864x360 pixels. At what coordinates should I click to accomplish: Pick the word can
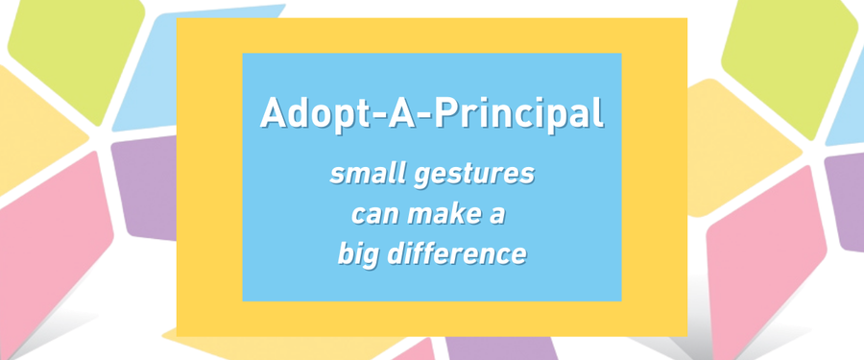pos(373,216)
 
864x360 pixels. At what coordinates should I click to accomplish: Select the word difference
pos(456,253)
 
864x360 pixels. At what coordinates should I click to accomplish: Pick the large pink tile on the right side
pos(766,259)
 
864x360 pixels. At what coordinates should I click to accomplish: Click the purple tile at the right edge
pos(845,202)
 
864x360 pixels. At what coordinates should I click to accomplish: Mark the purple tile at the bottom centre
pos(501,348)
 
